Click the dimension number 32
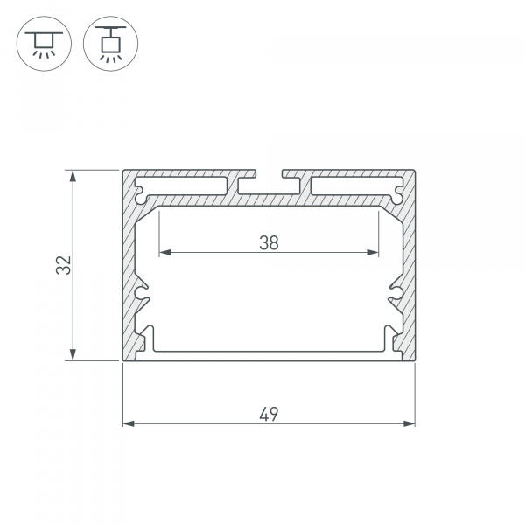point(64,265)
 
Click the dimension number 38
point(269,243)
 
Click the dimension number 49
point(269,414)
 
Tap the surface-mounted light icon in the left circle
point(44,44)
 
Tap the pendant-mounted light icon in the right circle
point(111,44)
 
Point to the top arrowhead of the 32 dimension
point(73,176)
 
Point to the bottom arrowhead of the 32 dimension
point(73,354)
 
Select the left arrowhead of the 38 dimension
point(165,252)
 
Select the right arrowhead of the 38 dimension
point(373,252)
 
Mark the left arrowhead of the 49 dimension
point(129,423)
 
